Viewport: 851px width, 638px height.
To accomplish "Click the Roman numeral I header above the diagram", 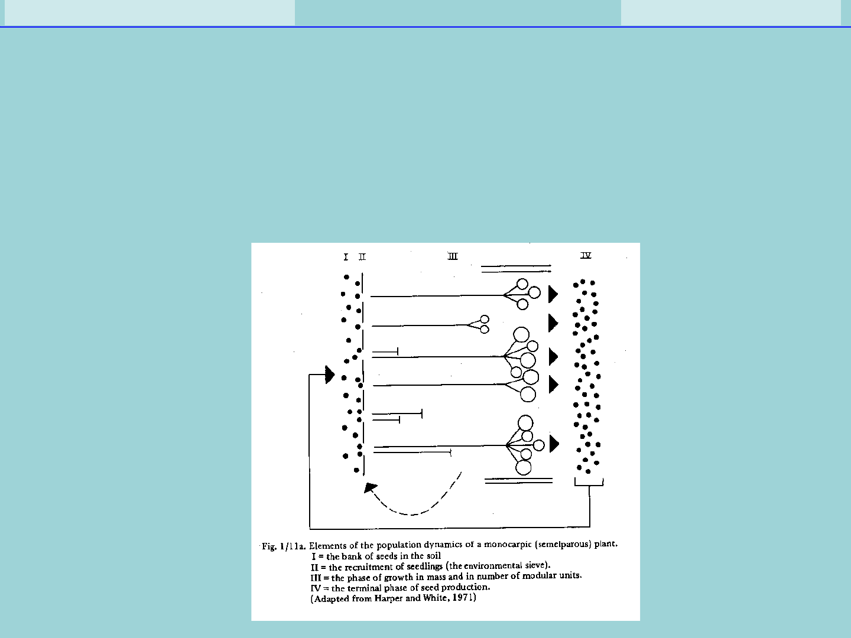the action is point(346,257).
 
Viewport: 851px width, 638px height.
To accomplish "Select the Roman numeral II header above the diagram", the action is point(362,257).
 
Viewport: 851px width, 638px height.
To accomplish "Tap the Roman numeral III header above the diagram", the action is point(453,256).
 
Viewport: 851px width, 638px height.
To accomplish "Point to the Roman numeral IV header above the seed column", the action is point(586,255).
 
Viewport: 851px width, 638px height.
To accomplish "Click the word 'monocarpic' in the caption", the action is point(508,544).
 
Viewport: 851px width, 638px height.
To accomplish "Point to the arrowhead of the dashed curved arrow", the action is point(370,487).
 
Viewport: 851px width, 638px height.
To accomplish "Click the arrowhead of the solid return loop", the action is point(330,375).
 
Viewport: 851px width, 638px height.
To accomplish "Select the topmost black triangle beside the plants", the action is point(553,294).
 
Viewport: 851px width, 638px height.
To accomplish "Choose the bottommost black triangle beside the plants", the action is point(554,444).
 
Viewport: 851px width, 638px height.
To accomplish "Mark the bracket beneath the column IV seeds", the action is point(589,483).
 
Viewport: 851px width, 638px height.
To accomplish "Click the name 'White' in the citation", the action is point(433,598).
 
